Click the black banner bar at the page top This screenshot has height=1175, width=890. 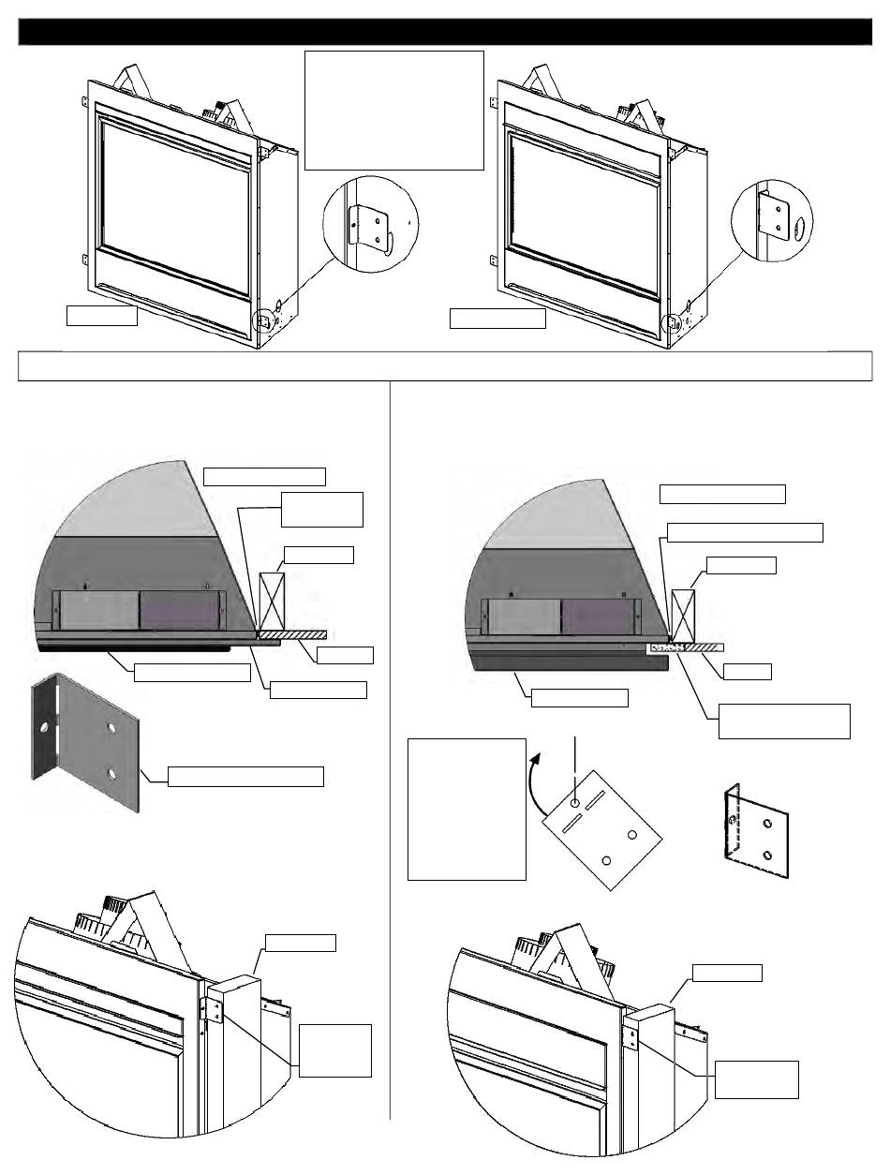pos(445,32)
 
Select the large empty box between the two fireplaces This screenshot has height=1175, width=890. pos(393,111)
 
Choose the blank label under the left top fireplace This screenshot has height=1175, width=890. pos(101,316)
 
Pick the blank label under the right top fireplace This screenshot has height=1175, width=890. pos(497,319)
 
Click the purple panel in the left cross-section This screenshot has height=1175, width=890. pos(178,610)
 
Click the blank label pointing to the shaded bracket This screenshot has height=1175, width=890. pos(245,776)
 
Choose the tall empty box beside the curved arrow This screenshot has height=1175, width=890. pos(466,808)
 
